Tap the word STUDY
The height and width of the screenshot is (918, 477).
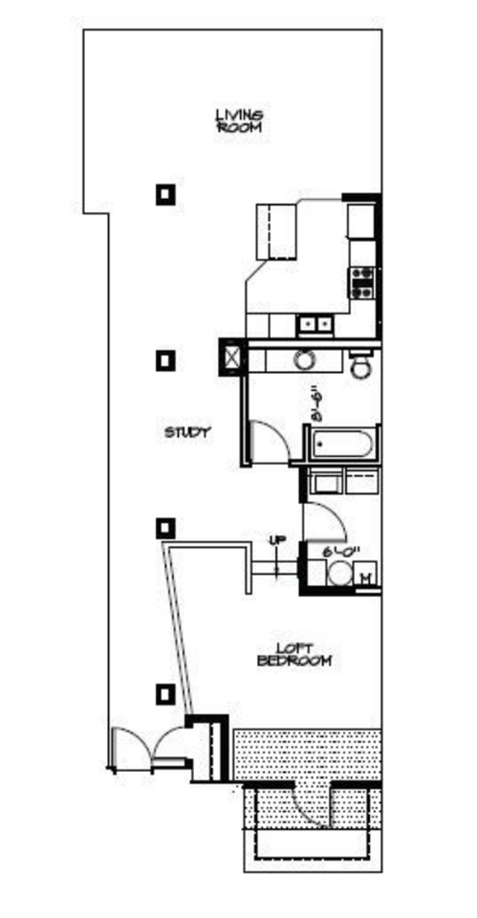pyautogui.click(x=187, y=432)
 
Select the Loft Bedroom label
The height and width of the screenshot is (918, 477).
pyautogui.click(x=295, y=655)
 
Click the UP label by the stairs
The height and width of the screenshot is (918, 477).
pyautogui.click(x=277, y=541)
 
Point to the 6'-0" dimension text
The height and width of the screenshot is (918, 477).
pyautogui.click(x=341, y=553)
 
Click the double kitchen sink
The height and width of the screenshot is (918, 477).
pyautogui.click(x=314, y=325)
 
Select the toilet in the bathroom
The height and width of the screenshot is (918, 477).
pyautogui.click(x=361, y=366)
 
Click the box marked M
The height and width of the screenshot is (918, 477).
pyautogui.click(x=366, y=576)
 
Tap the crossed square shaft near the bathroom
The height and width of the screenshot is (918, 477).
pyautogui.click(x=232, y=357)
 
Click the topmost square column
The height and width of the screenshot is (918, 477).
pyautogui.click(x=166, y=195)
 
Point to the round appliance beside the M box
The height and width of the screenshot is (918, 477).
pyautogui.click(x=336, y=576)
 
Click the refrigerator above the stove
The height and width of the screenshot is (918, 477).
pyautogui.click(x=361, y=221)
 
